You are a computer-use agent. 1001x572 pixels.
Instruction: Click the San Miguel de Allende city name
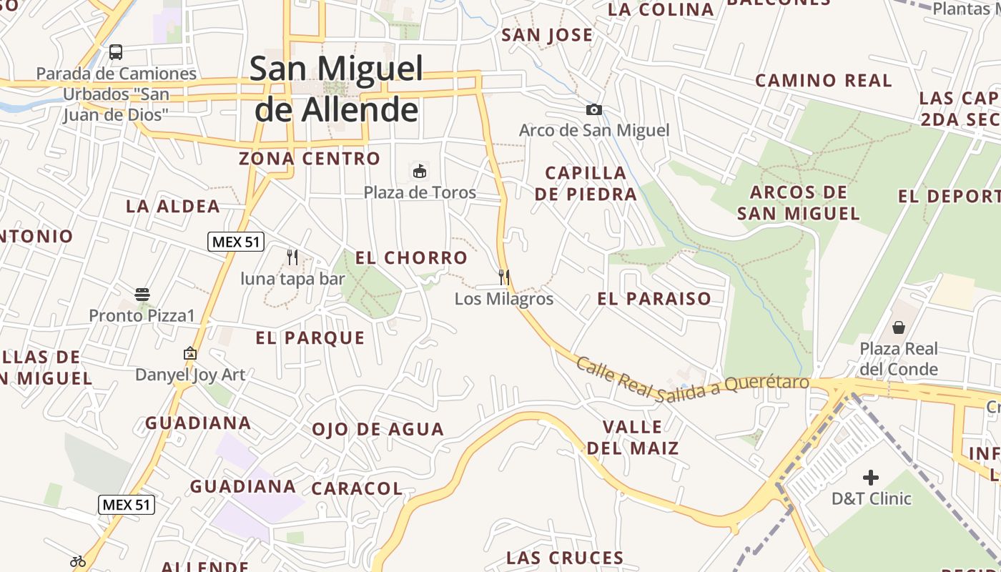pos(336,89)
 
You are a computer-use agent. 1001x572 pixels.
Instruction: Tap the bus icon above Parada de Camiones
pos(116,52)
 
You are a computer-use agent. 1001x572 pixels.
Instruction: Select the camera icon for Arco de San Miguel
pos(593,109)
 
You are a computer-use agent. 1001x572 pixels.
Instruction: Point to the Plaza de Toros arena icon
pos(420,172)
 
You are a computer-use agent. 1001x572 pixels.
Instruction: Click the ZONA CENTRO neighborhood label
pos(310,159)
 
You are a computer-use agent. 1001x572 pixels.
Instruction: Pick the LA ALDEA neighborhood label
pos(173,207)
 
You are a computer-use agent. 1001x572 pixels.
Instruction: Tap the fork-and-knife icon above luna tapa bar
pos(292,257)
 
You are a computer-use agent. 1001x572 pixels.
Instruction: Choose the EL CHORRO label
pos(411,258)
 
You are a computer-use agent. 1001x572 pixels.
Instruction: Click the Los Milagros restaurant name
pos(504,299)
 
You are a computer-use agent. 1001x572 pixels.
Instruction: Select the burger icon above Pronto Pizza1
pos(142,295)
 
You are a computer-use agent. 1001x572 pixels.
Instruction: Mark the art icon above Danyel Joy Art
pos(189,353)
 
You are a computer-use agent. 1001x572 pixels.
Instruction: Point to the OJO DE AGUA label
pos(378,430)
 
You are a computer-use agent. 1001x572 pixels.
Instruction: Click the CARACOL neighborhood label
pos(357,488)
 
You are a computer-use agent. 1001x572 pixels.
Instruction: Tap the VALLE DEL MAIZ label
pos(633,438)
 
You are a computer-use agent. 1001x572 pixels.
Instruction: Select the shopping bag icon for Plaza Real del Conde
pos(898,327)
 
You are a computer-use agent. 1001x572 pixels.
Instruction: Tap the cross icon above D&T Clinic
pos(871,477)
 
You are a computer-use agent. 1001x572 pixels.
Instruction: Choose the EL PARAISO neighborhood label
pos(654,299)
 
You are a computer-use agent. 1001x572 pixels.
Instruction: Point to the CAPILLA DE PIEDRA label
pos(585,183)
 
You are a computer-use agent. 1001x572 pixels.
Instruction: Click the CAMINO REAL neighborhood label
pos(824,80)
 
